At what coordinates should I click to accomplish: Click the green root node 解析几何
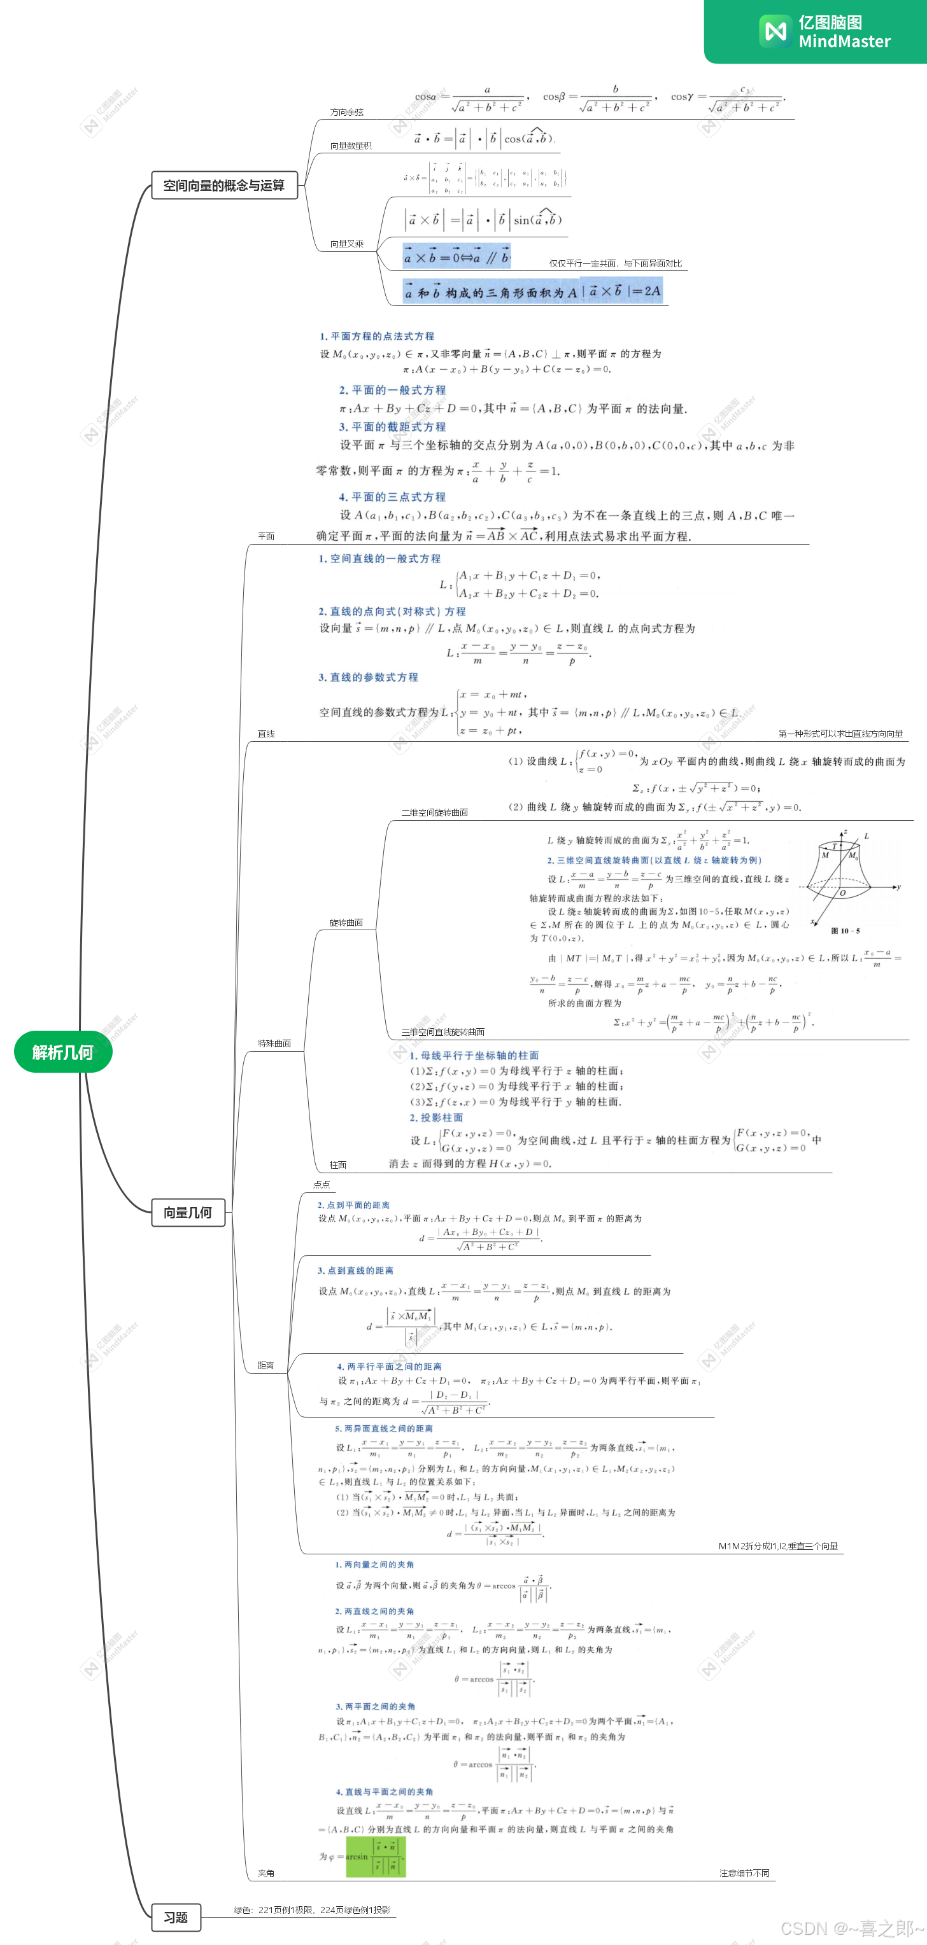click(62, 1052)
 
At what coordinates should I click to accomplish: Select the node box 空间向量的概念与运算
click(224, 185)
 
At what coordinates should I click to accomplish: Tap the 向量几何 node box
click(188, 1212)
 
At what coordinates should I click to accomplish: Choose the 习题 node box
click(176, 1917)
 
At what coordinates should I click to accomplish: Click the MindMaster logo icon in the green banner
click(775, 31)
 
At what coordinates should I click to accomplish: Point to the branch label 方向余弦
click(347, 113)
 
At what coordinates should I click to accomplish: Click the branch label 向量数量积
click(351, 146)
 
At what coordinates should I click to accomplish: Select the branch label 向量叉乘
click(347, 244)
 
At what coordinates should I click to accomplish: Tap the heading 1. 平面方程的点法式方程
click(376, 336)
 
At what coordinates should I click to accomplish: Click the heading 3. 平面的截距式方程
click(392, 426)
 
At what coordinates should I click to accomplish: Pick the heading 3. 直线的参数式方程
click(368, 677)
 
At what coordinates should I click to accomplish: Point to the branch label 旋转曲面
click(346, 923)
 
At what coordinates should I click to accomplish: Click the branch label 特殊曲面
click(274, 1043)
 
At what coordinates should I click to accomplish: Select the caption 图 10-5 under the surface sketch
click(845, 931)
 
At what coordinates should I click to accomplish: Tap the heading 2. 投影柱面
click(436, 1117)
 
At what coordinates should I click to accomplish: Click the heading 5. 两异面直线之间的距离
click(384, 1428)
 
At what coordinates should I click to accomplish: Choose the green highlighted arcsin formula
click(376, 1857)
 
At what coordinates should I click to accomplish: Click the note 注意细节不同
click(744, 1873)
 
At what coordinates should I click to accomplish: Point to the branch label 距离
click(266, 1365)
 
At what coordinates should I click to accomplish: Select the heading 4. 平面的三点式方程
click(392, 497)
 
